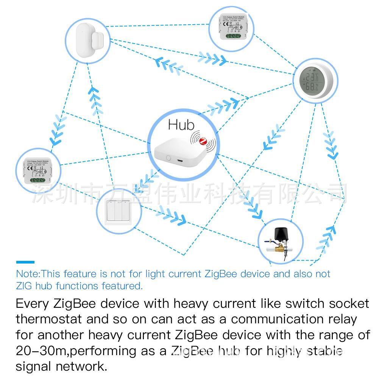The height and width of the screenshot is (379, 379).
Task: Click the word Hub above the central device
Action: [181, 125]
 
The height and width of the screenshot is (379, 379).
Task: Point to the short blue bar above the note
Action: [25, 262]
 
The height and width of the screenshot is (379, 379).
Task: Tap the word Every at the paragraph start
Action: [33, 304]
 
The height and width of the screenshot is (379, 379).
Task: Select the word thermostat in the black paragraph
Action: [48, 319]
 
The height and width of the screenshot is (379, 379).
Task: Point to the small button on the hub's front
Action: [167, 156]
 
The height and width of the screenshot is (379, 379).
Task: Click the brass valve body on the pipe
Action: [281, 249]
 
